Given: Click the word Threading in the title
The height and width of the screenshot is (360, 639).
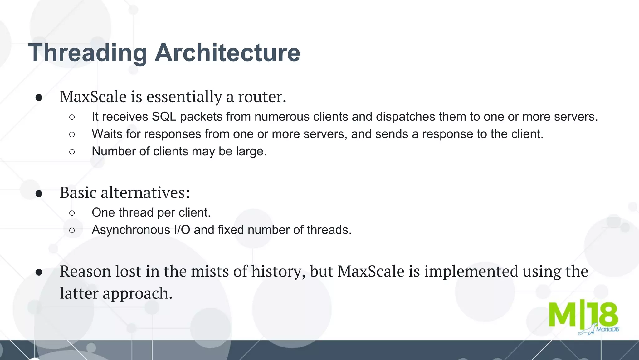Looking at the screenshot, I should tap(87, 53).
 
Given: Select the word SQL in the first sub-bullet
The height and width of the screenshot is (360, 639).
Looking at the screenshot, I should tap(164, 117).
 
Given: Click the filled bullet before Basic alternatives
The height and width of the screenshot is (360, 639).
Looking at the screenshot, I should tap(39, 193).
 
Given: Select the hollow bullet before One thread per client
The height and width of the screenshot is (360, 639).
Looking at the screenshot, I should tap(72, 213).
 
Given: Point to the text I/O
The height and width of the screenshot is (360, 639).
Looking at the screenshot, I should tap(182, 230).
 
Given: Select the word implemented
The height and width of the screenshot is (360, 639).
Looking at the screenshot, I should tap(471, 272).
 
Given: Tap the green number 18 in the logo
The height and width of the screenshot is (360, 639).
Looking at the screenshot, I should tap(603, 314).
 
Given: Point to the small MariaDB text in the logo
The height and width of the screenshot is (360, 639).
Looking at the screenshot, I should tap(607, 329).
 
